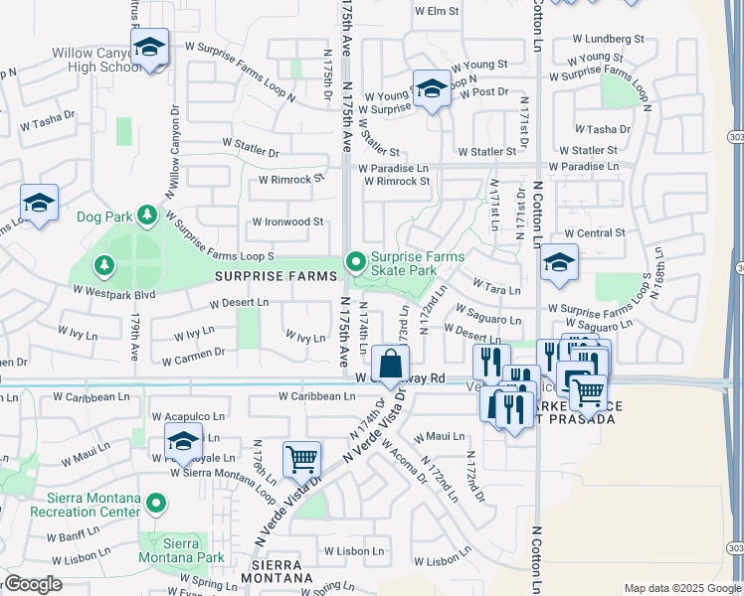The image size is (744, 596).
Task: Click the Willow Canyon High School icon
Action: point(149,48)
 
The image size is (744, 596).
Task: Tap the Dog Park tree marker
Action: point(147,215)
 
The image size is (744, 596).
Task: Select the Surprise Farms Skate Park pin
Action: point(356,262)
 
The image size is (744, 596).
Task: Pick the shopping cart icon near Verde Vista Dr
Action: point(301,460)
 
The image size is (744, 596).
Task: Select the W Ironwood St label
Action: point(287,222)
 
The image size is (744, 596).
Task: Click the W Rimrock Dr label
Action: point(292,180)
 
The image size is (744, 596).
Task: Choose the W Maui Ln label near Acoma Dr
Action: point(440,436)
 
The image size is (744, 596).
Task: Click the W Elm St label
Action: point(437,11)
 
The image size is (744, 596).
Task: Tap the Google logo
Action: point(34,584)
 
